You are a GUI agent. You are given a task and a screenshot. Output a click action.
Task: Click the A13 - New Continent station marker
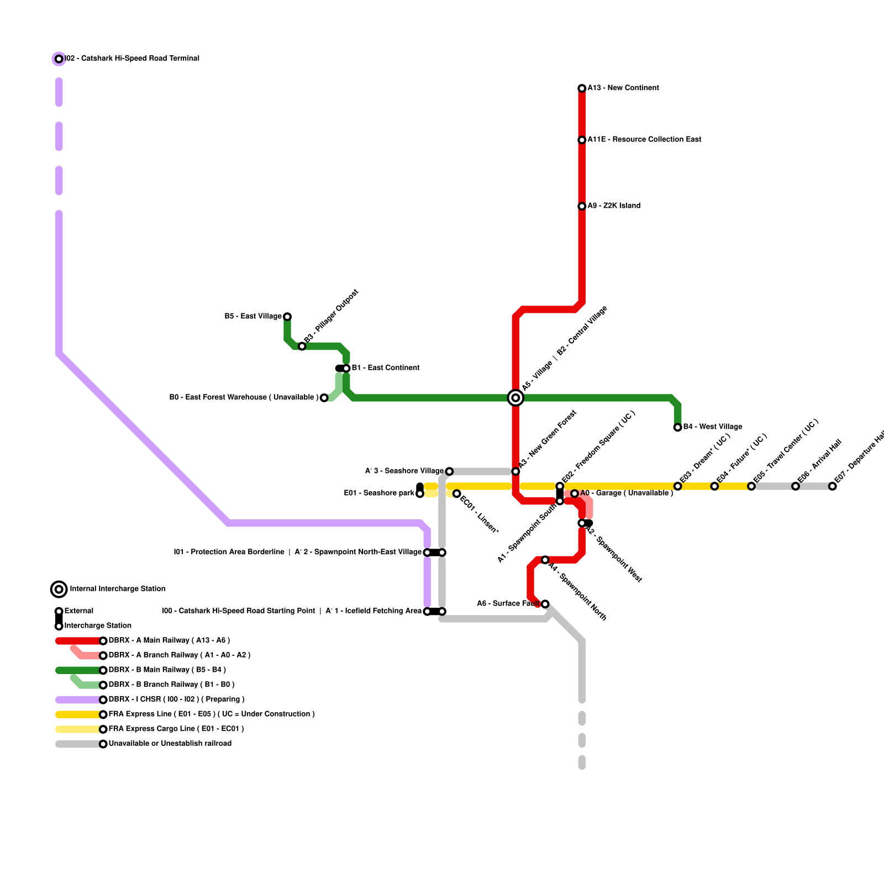[x=582, y=88]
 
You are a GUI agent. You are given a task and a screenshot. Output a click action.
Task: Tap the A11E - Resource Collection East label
[x=644, y=140]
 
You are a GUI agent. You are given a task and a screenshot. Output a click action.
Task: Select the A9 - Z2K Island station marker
[x=582, y=206]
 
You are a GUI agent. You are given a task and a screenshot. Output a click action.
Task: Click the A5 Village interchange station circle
[x=515, y=398]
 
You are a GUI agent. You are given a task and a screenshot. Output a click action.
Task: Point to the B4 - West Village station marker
[x=677, y=427]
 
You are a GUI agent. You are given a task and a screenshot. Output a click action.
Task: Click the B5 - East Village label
[x=253, y=317]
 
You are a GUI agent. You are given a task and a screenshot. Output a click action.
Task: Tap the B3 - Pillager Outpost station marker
[x=302, y=346]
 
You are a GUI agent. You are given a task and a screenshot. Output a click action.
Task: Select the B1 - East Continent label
[x=386, y=368]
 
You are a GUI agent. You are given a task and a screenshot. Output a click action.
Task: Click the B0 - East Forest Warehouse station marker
[x=324, y=398]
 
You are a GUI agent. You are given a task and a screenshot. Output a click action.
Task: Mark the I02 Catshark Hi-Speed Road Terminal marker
[x=59, y=59]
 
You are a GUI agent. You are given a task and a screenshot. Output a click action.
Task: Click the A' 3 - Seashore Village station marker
[x=449, y=471]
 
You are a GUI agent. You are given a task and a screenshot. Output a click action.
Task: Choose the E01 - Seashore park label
[x=379, y=493]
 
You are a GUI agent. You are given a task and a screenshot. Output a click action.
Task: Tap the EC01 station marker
[x=456, y=493]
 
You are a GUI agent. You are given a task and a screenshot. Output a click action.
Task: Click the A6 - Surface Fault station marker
[x=545, y=604]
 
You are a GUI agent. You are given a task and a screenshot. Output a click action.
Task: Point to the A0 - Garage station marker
[x=575, y=493]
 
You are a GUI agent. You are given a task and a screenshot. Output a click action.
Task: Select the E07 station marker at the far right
[x=833, y=486]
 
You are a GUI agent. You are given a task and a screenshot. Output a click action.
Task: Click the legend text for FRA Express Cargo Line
[x=176, y=729]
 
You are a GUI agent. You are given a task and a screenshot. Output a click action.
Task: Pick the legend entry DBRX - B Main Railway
[x=167, y=670]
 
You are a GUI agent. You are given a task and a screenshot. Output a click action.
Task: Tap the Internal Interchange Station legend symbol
[x=59, y=590]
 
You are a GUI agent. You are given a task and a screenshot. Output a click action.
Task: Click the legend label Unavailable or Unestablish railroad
[x=170, y=744]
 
